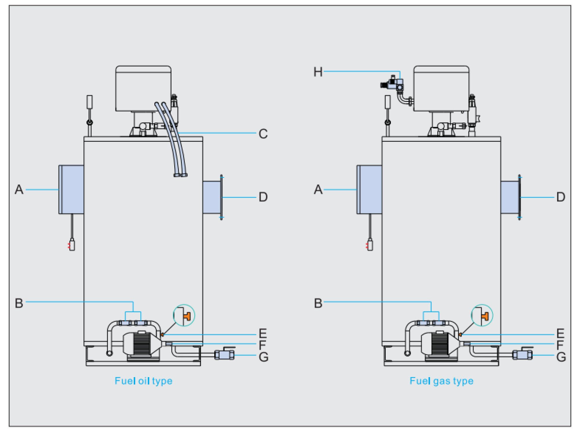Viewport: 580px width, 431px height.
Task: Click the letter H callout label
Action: [318, 72]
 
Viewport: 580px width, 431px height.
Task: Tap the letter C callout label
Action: [263, 134]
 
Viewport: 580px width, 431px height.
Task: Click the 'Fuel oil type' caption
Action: [144, 381]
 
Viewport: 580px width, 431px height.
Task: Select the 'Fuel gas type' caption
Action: [441, 381]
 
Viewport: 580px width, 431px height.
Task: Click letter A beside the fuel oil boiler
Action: [19, 189]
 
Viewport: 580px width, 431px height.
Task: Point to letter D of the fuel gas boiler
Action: [561, 197]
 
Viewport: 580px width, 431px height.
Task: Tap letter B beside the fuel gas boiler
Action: [318, 303]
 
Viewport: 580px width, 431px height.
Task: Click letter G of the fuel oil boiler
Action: [263, 357]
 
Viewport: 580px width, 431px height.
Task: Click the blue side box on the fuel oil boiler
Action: [71, 189]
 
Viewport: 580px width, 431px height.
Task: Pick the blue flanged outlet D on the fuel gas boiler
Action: [511, 197]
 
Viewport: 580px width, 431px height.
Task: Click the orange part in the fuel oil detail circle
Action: [187, 316]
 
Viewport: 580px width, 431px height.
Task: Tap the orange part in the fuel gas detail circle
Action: [485, 316]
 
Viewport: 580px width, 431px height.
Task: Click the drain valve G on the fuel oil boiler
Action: [224, 354]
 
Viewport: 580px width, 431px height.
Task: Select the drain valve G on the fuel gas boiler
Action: [522, 354]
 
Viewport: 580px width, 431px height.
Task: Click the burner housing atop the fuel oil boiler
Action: [143, 89]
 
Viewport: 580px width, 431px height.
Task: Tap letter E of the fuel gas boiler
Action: [560, 334]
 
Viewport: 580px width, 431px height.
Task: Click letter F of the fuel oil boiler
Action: [262, 345]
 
